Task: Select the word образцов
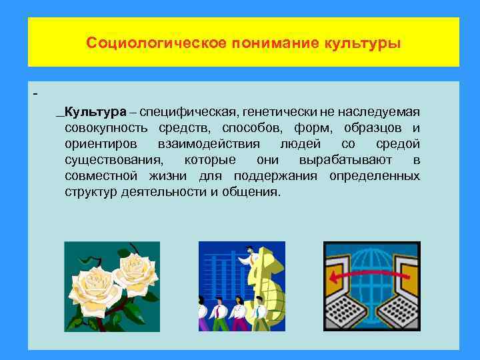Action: point(371,127)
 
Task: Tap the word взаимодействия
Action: point(211,144)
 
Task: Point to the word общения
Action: point(257,192)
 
